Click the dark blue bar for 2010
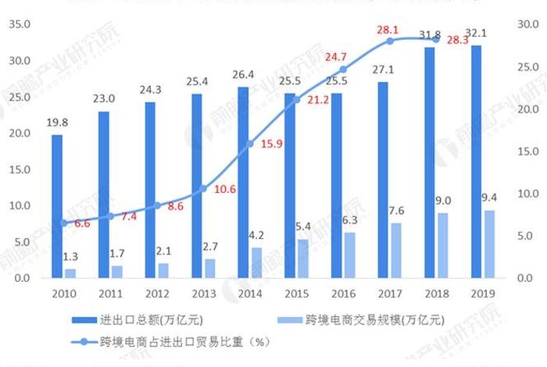[57, 206]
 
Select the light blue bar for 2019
[489, 244]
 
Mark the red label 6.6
[82, 224]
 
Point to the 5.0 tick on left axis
[20, 242]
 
